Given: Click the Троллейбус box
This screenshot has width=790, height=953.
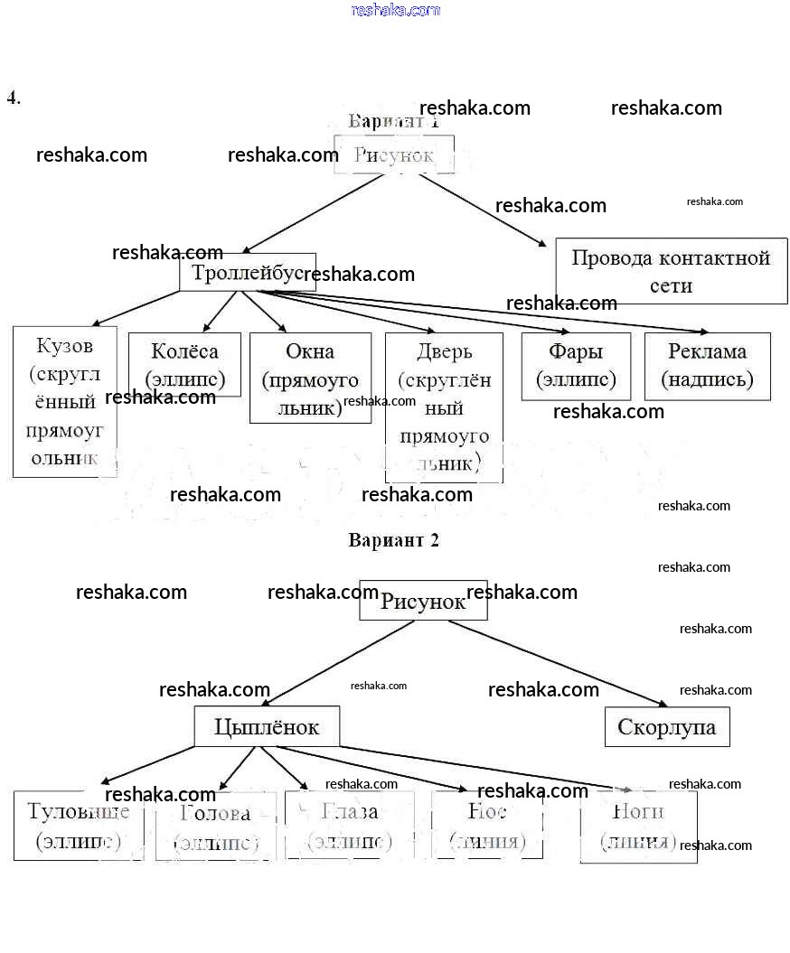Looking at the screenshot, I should click(247, 273).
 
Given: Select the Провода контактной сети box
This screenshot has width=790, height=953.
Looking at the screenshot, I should click(671, 271).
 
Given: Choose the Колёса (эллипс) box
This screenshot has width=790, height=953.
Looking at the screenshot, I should click(184, 364).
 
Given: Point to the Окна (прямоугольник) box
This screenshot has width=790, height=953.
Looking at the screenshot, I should click(310, 378).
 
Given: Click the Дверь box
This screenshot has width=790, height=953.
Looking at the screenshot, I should click(444, 407).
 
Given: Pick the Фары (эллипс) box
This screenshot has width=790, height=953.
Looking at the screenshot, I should click(576, 366).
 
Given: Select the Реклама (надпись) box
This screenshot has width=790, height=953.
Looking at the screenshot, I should click(707, 366).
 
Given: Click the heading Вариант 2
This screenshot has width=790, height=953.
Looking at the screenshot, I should click(394, 540).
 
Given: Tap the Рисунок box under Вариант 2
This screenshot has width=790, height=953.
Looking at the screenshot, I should click(423, 601).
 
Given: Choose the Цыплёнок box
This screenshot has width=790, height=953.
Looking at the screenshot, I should click(267, 726).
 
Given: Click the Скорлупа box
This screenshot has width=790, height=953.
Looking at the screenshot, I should click(666, 727).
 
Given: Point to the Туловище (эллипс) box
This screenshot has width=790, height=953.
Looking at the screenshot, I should click(79, 825).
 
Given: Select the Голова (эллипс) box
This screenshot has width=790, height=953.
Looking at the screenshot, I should click(215, 827).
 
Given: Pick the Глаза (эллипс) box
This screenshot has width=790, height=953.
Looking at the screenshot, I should click(349, 825).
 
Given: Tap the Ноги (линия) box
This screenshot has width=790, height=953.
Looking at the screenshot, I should click(638, 826).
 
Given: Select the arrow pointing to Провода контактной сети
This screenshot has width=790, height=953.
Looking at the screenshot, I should click(482, 209).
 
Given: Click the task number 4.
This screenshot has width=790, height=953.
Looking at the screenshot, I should click(14, 98).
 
